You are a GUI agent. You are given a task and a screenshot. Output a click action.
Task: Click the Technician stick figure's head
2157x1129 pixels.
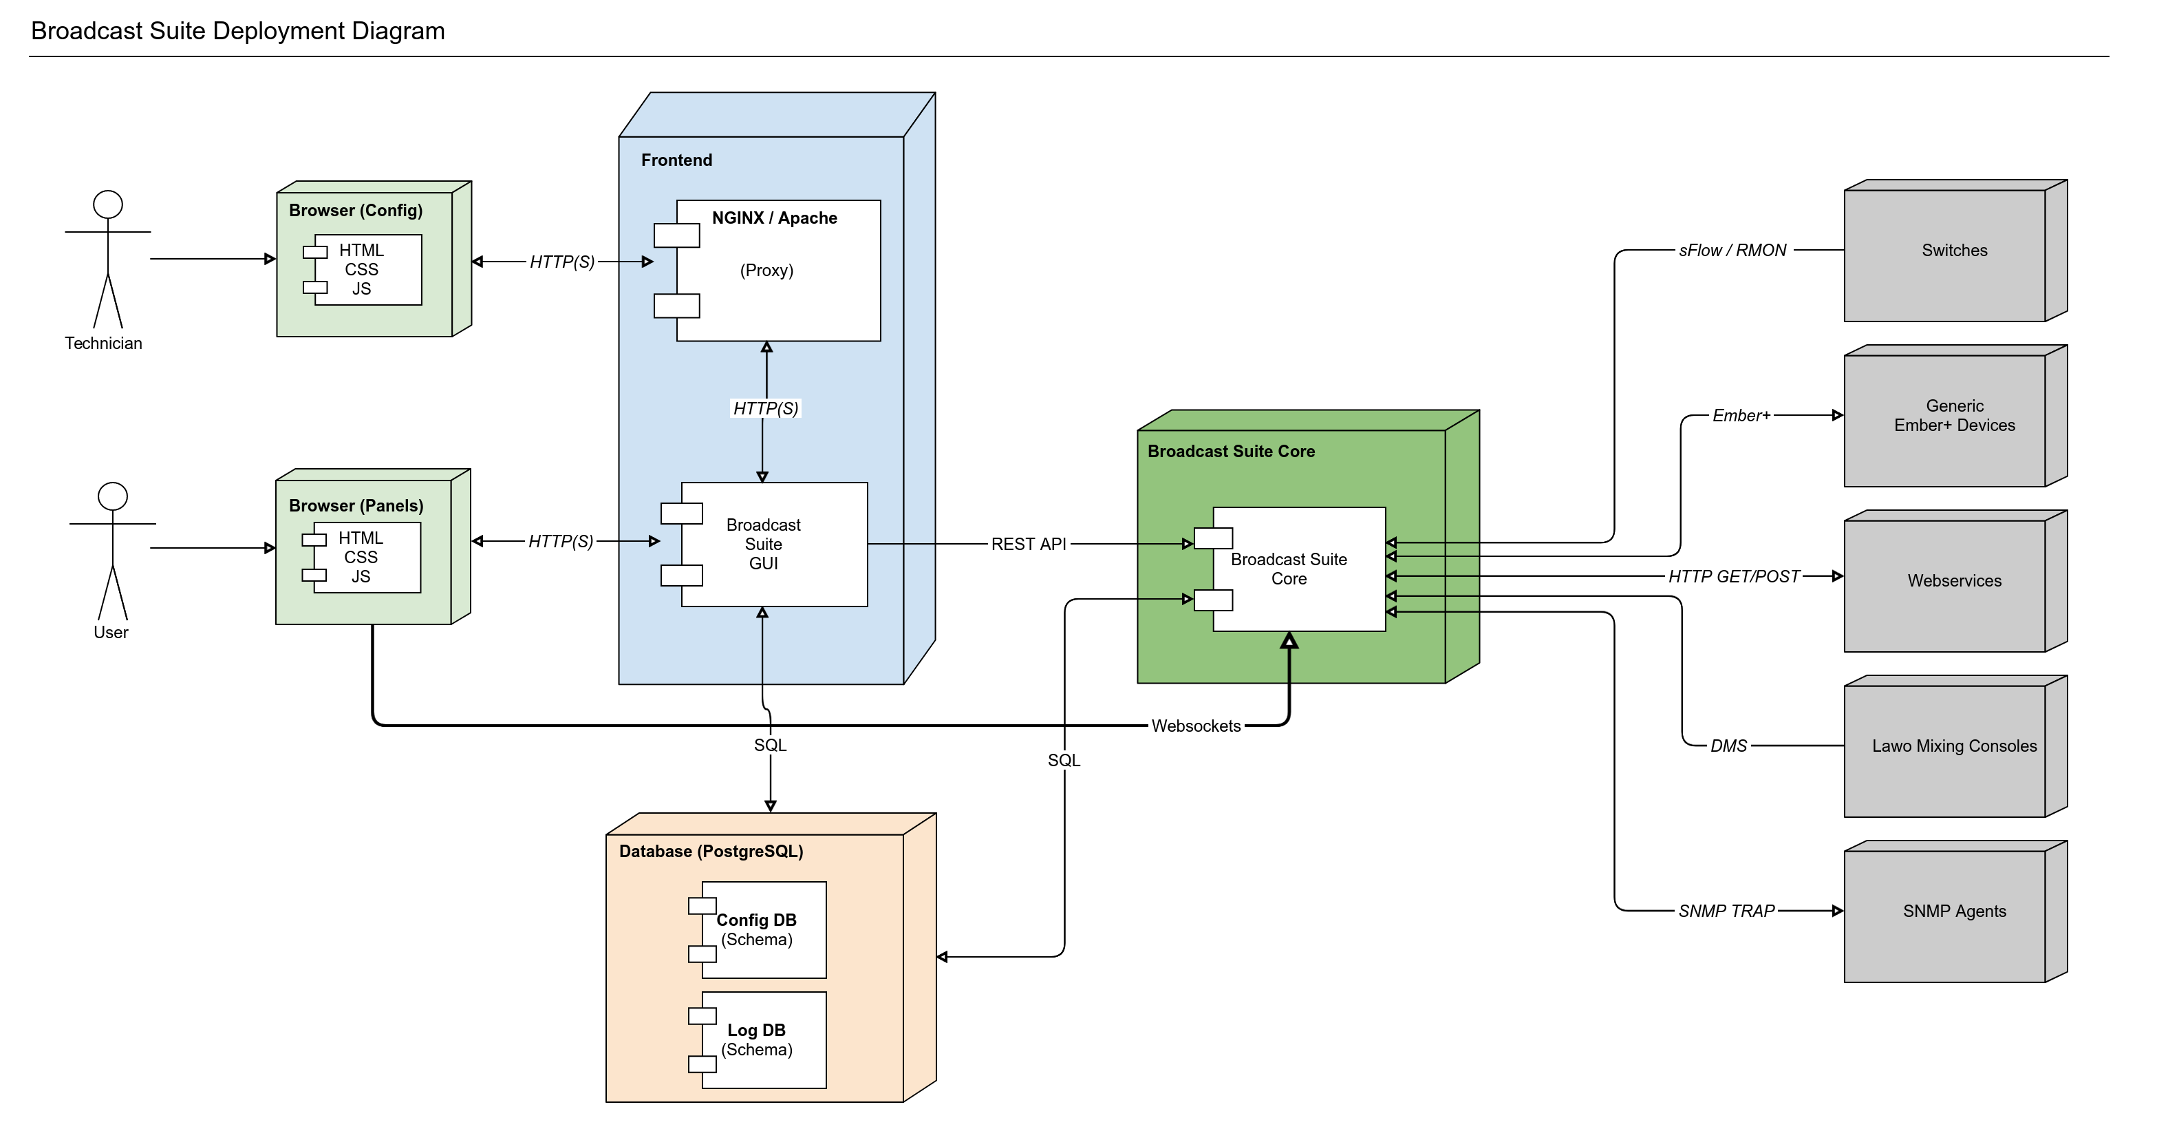click(108, 204)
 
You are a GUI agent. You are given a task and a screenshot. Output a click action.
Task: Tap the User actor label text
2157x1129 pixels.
click(111, 633)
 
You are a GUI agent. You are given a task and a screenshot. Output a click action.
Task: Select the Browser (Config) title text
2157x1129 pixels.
click(356, 210)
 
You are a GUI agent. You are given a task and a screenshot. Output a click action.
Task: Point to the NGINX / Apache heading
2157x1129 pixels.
click(774, 218)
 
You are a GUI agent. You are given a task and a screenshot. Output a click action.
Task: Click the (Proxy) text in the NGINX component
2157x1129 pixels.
click(766, 271)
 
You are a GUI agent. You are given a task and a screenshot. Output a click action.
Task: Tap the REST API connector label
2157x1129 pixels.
click(1028, 545)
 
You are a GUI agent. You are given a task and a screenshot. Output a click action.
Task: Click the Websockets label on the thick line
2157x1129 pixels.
click(1195, 726)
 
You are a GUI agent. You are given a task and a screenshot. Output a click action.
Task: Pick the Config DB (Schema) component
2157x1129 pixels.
click(757, 929)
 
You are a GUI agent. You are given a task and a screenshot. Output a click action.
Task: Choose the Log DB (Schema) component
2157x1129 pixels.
click(757, 1040)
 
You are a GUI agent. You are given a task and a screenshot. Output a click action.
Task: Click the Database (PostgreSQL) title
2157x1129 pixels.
click(711, 851)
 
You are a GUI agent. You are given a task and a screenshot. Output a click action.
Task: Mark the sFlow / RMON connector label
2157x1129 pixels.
click(1732, 251)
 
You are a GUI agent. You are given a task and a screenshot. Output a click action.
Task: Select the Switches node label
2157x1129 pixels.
click(1953, 251)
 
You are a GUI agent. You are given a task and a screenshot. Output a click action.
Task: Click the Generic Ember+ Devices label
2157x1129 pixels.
click(1953, 415)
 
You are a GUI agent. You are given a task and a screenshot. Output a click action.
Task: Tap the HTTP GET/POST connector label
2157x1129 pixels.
click(1733, 576)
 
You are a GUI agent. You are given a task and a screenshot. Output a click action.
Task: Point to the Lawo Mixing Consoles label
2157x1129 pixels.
click(1953, 746)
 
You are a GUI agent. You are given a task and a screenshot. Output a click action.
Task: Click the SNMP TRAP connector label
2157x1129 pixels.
click(1726, 911)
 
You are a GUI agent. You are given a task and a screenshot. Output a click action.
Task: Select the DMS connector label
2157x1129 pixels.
click(1728, 746)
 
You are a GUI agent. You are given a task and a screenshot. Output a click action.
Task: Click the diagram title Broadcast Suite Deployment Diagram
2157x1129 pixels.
click(238, 31)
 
